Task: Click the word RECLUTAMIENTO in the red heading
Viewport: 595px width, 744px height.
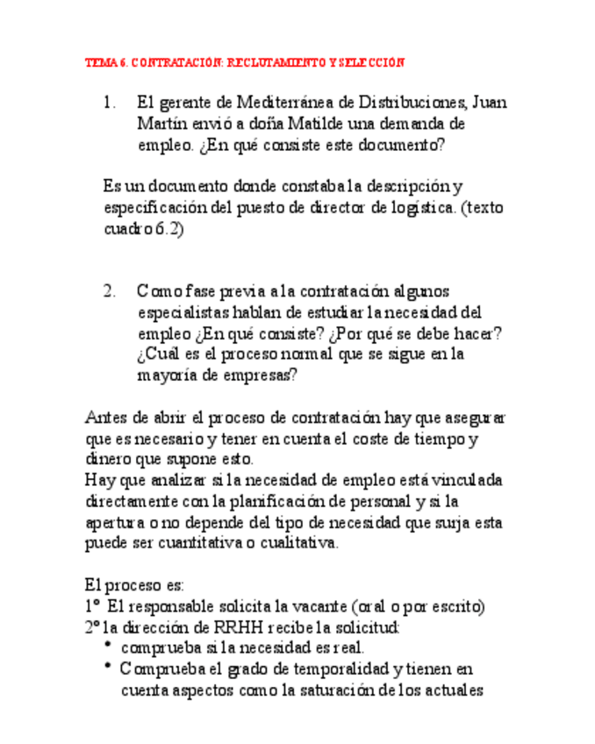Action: (274, 63)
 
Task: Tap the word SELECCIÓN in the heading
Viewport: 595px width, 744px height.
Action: (371, 63)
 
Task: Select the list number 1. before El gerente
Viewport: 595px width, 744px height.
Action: (110, 103)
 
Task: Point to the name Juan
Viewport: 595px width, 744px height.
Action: (487, 103)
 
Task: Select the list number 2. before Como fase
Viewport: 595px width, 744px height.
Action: (110, 290)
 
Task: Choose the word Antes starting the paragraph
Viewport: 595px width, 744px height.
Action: (104, 417)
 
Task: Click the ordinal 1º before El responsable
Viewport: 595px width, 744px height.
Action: (93, 606)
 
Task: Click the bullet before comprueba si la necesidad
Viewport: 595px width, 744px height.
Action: (107, 647)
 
